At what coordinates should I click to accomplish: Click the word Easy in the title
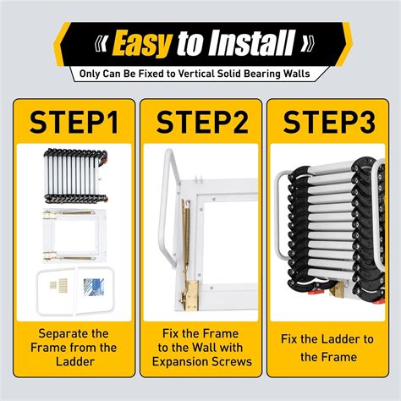pos(142,42)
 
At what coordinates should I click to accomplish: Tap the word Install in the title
pos(252,42)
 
